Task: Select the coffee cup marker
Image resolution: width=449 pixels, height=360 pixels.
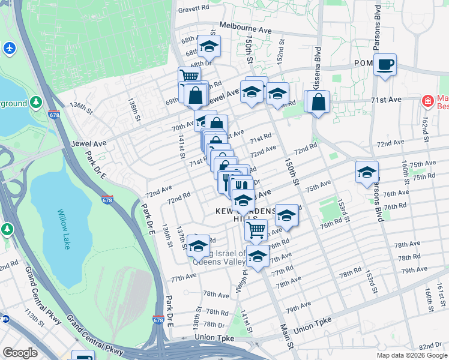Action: click(385, 64)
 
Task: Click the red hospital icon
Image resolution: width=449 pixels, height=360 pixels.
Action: click(427, 101)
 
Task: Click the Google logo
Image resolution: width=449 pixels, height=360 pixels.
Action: click(20, 353)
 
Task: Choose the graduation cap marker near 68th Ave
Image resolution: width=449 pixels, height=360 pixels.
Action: click(208, 46)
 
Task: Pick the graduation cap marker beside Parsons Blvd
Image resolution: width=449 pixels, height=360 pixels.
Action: click(367, 172)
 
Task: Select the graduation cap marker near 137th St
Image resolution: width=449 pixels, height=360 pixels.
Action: click(198, 245)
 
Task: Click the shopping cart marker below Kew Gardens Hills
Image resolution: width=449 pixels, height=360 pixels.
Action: click(256, 229)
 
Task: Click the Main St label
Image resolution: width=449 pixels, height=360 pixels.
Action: click(285, 339)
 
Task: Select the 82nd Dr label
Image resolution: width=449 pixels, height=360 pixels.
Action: click(430, 347)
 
